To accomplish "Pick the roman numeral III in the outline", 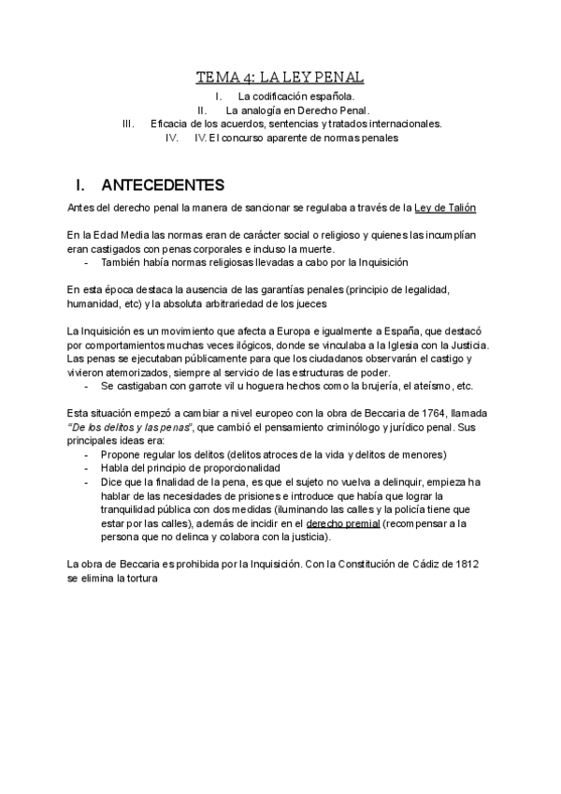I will coord(130,124).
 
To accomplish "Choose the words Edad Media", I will coord(116,234).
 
